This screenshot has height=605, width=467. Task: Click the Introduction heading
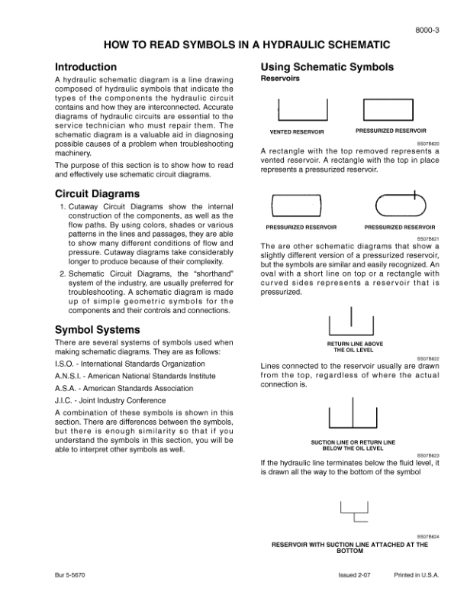tap(86, 67)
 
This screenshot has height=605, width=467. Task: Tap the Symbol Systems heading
tap(96, 330)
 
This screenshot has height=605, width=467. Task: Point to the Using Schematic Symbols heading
tap(327, 67)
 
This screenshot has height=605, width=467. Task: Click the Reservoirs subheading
tap(280, 79)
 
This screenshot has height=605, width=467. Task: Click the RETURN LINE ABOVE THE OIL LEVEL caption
tap(350, 347)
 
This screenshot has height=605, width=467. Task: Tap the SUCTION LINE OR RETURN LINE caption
tap(353, 445)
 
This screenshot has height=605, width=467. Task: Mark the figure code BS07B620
tap(428, 143)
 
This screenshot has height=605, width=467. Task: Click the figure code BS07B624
tap(428, 537)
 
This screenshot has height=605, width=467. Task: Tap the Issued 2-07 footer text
tap(356, 574)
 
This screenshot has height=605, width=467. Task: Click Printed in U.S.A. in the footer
tap(417, 574)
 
